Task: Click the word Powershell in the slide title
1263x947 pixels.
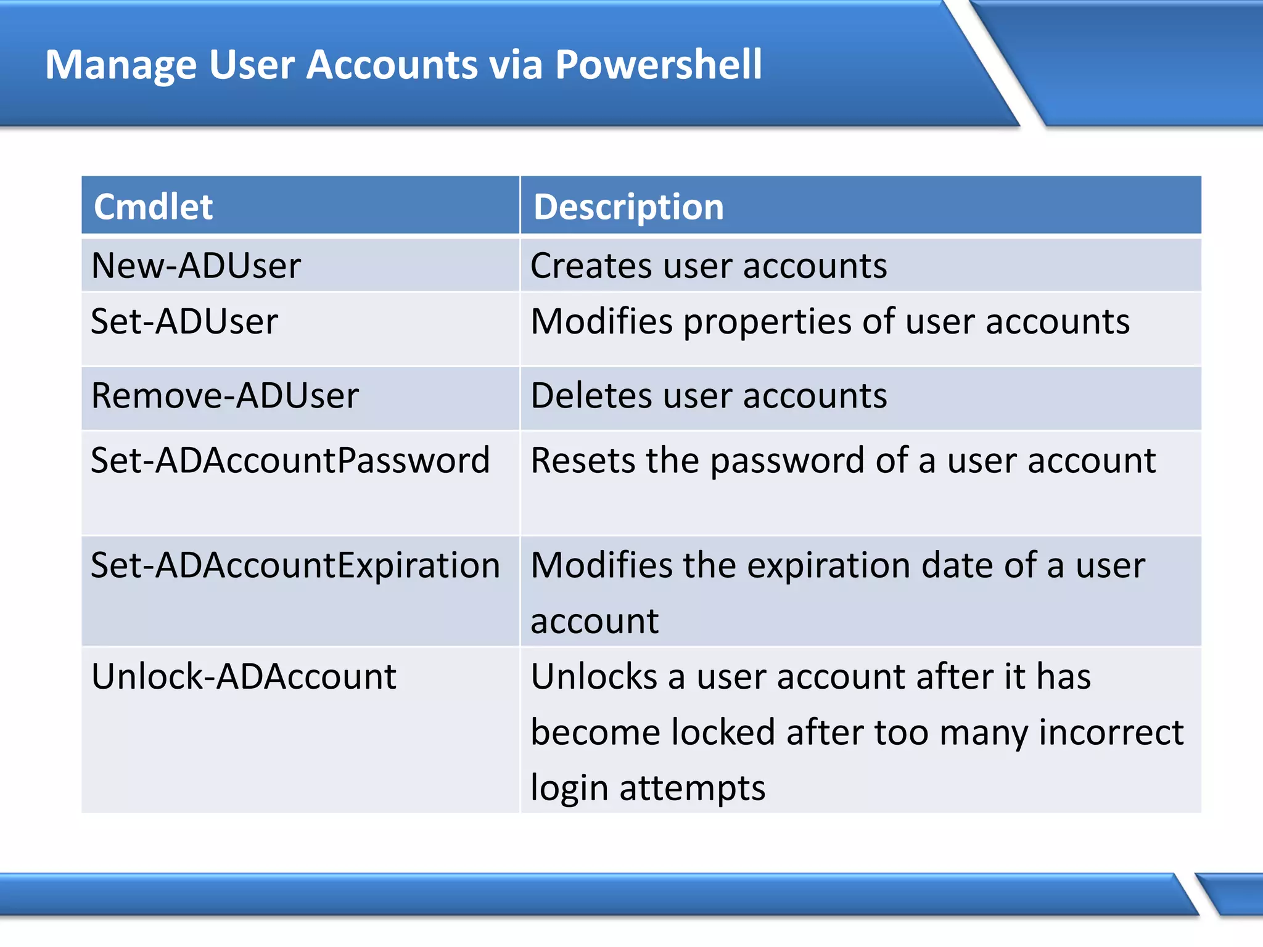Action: [x=658, y=65]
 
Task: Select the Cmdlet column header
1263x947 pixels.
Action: [x=153, y=207]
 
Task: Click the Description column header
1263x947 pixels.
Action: [x=628, y=207]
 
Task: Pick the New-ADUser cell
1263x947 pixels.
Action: [x=195, y=266]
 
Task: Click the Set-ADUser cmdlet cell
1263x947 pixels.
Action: [x=184, y=321]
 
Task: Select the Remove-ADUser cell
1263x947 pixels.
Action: [x=224, y=395]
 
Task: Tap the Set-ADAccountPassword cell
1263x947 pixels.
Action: [x=290, y=460]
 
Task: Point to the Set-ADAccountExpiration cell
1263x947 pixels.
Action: [x=295, y=565]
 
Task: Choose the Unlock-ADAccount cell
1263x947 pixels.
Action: [x=244, y=676]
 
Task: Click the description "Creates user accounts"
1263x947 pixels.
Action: [x=708, y=266]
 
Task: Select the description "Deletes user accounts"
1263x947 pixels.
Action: [x=708, y=395]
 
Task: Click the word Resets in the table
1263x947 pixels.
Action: [x=582, y=460]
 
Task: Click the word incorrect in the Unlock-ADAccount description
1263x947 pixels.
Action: [x=1111, y=732]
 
